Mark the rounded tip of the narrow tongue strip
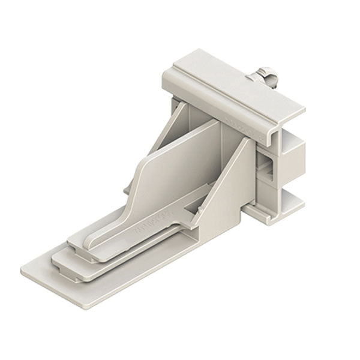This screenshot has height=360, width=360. [x=74, y=240]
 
